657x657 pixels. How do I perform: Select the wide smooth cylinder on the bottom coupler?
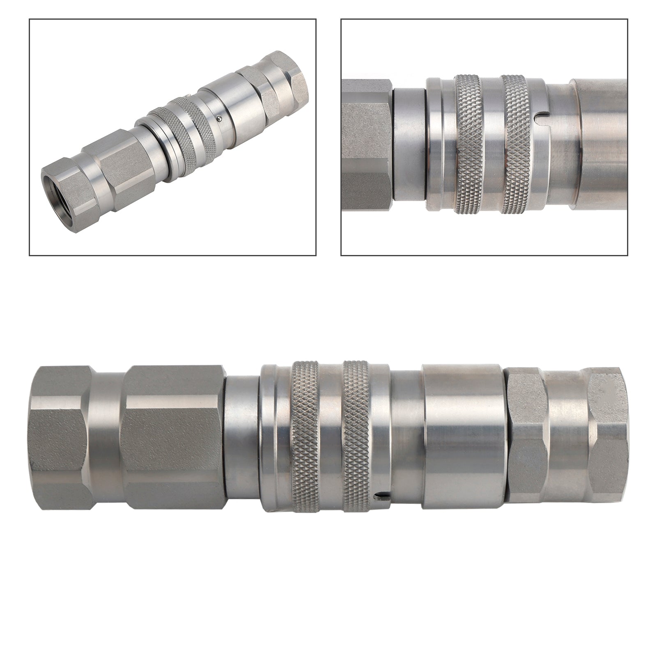(x=464, y=435)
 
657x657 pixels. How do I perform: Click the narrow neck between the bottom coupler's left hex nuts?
(x=108, y=435)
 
